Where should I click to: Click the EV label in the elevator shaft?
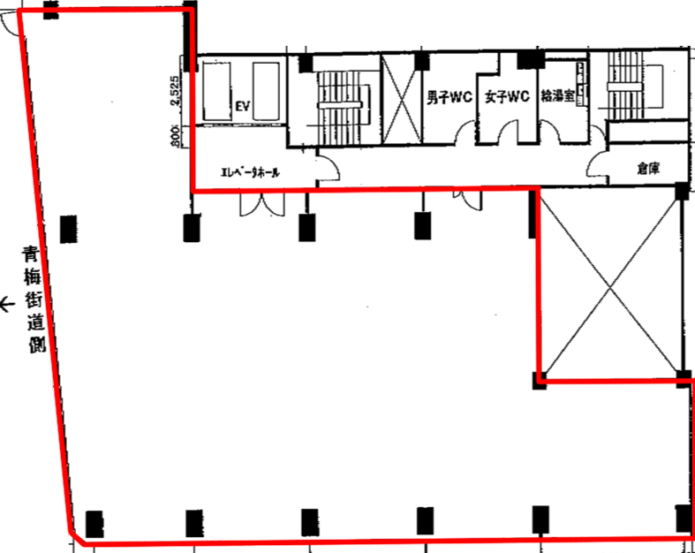pos(243,106)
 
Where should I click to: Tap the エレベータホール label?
pos(251,172)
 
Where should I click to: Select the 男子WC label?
pos(449,97)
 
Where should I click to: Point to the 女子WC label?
pos(507,96)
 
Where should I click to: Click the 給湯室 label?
pos(557,96)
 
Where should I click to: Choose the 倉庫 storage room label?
pos(648,169)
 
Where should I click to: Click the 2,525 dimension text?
pos(174,91)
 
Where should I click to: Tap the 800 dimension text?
pos(174,136)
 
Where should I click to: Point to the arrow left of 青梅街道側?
pos(8,305)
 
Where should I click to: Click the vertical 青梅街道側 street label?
pos(34,299)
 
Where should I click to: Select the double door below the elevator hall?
pos(262,204)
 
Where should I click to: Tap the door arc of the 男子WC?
pos(466,132)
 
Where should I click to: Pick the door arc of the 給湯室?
pos(549,132)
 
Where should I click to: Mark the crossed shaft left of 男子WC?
pos(401,99)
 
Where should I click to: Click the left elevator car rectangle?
pos(216,91)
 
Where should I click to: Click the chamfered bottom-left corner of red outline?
pos(77,536)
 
